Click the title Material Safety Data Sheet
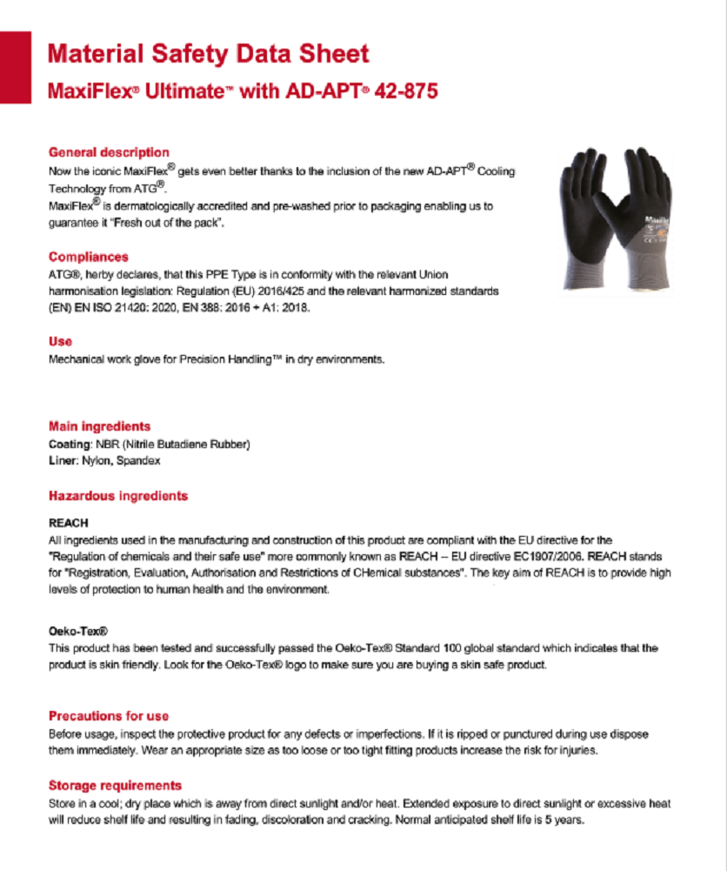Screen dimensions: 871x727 click(x=208, y=54)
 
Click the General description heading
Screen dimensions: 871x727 click(x=109, y=152)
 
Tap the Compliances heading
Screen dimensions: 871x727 click(x=89, y=257)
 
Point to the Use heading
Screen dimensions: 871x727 click(x=60, y=341)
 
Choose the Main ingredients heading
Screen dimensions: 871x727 click(x=99, y=426)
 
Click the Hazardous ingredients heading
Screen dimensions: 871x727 click(x=118, y=496)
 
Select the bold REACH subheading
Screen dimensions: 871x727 click(x=69, y=523)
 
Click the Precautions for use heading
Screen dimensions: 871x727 click(x=109, y=716)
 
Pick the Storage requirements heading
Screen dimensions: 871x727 click(x=115, y=785)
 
